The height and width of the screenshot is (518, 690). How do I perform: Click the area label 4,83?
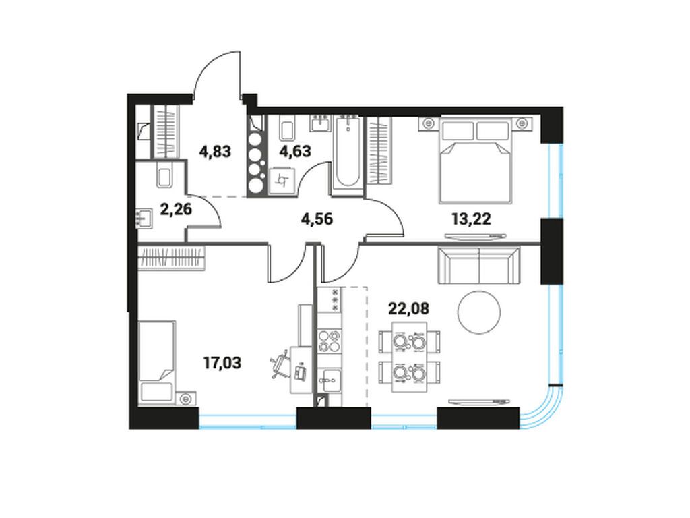coord(215,151)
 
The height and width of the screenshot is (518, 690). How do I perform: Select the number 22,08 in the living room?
coord(408,308)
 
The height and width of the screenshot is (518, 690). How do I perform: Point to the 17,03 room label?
coord(223,364)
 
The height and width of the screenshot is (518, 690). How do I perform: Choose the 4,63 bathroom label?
coord(295,150)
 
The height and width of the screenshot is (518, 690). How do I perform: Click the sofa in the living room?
coord(479,266)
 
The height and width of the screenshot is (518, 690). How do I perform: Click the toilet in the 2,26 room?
coord(164,176)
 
